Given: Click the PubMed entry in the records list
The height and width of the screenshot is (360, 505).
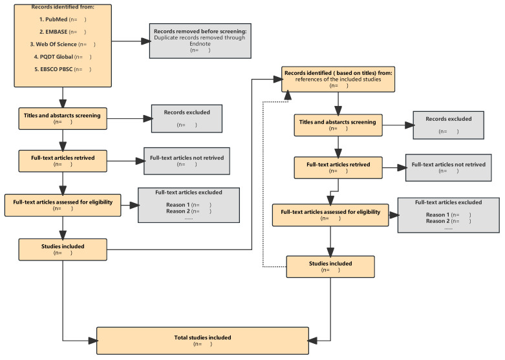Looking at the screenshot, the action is click(63, 19).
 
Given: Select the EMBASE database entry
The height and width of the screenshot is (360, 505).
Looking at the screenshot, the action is click(63, 32).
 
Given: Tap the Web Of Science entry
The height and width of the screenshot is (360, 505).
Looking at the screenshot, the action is click(63, 44).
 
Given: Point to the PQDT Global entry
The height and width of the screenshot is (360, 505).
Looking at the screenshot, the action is click(63, 57).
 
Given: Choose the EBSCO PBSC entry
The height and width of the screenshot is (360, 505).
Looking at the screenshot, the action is click(63, 69).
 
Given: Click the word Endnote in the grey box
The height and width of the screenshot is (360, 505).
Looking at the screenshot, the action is click(200, 44).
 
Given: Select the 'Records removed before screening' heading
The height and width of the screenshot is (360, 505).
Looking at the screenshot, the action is click(200, 31).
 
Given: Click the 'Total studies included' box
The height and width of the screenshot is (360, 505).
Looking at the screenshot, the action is click(202, 341).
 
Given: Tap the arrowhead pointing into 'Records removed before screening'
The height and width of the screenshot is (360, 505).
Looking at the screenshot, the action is click(146, 41).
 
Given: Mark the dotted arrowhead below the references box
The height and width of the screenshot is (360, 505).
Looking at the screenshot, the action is click(287, 95).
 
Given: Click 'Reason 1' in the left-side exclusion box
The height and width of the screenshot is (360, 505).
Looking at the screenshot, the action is click(178, 205).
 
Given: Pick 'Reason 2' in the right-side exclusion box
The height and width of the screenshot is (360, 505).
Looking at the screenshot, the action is click(438, 221).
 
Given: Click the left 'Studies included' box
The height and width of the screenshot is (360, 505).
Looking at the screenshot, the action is click(63, 249).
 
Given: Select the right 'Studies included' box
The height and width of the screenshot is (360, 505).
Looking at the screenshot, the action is click(330, 267).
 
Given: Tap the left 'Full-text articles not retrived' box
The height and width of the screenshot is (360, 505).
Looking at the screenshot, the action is click(187, 161).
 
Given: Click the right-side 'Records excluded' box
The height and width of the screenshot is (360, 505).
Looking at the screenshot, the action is click(448, 125).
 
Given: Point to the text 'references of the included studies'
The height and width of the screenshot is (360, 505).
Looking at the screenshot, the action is click(338, 79).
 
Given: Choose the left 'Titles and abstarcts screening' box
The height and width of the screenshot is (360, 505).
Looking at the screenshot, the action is click(63, 118).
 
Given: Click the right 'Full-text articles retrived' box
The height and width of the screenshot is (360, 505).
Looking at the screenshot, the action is click(338, 168).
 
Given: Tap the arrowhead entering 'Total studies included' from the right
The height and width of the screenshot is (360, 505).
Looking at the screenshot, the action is click(313, 341).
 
